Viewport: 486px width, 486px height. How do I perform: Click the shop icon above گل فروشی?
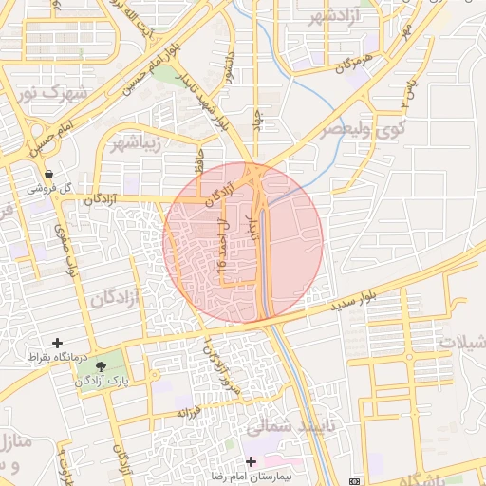48,174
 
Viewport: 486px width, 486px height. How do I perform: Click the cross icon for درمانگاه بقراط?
58,343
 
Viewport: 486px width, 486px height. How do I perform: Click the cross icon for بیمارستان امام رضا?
251,460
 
